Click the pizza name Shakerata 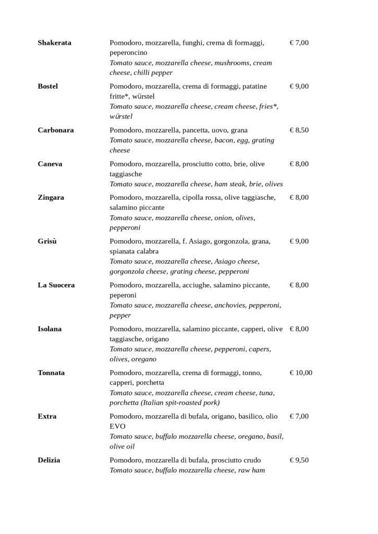(54, 43)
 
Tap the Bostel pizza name (47, 86)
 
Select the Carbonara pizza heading (55, 130)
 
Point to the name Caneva (50, 164)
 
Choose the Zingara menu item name (51, 198)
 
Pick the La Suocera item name (56, 285)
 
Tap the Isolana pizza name (50, 329)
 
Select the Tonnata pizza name (51, 373)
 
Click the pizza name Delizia (49, 460)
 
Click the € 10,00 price (301, 373)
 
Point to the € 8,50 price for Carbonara (299, 130)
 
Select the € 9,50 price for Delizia (299, 460)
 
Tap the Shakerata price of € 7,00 (299, 43)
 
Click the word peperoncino (128, 53)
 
